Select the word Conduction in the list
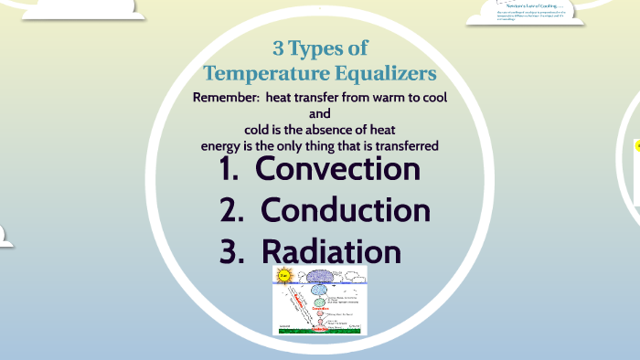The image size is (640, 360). coord(345,210)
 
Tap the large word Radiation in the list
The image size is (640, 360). coord(331,251)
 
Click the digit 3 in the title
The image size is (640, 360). coord(278,48)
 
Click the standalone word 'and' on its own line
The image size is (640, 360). coord(320,114)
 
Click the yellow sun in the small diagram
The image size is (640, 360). coord(283,275)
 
